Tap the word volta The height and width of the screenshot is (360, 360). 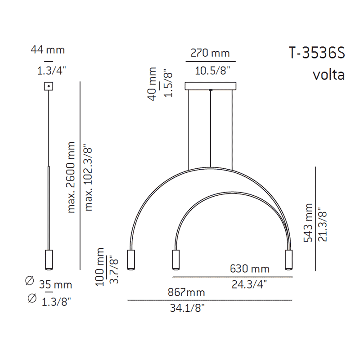pyautogui.click(x=328, y=74)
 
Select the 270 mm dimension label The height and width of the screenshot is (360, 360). pyautogui.click(x=210, y=53)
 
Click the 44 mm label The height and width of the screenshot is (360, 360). pyautogui.click(x=48, y=49)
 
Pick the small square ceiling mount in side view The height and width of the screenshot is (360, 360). pyautogui.click(x=48, y=86)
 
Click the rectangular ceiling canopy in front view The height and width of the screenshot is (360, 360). pyautogui.click(x=210, y=85)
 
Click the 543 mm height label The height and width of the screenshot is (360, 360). pyautogui.click(x=308, y=224)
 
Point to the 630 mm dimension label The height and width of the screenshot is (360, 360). pyautogui.click(x=250, y=269)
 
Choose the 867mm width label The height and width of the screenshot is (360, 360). pyautogui.click(x=186, y=292)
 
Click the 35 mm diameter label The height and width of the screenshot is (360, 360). pyautogui.click(x=56, y=285)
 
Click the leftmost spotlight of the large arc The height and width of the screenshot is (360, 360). pyautogui.click(x=131, y=260)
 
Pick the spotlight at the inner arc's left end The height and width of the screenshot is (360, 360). pyautogui.click(x=176, y=260)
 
